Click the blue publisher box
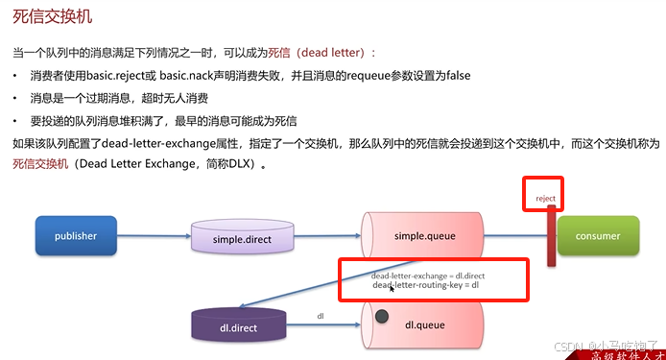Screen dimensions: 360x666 tap(76, 235)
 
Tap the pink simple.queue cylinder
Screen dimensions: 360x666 tap(422, 235)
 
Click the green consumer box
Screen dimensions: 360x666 tap(597, 235)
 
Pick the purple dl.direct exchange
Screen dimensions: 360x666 tap(238, 326)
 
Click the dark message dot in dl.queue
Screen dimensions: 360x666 tap(382, 316)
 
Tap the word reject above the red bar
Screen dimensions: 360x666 tap(545, 199)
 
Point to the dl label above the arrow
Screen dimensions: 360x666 tap(321, 315)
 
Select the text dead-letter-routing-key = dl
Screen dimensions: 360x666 tap(425, 286)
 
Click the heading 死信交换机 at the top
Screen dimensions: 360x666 tap(54, 17)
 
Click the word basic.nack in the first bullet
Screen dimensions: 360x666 tap(200, 76)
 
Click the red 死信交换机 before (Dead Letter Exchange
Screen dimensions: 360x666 tap(40, 164)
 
